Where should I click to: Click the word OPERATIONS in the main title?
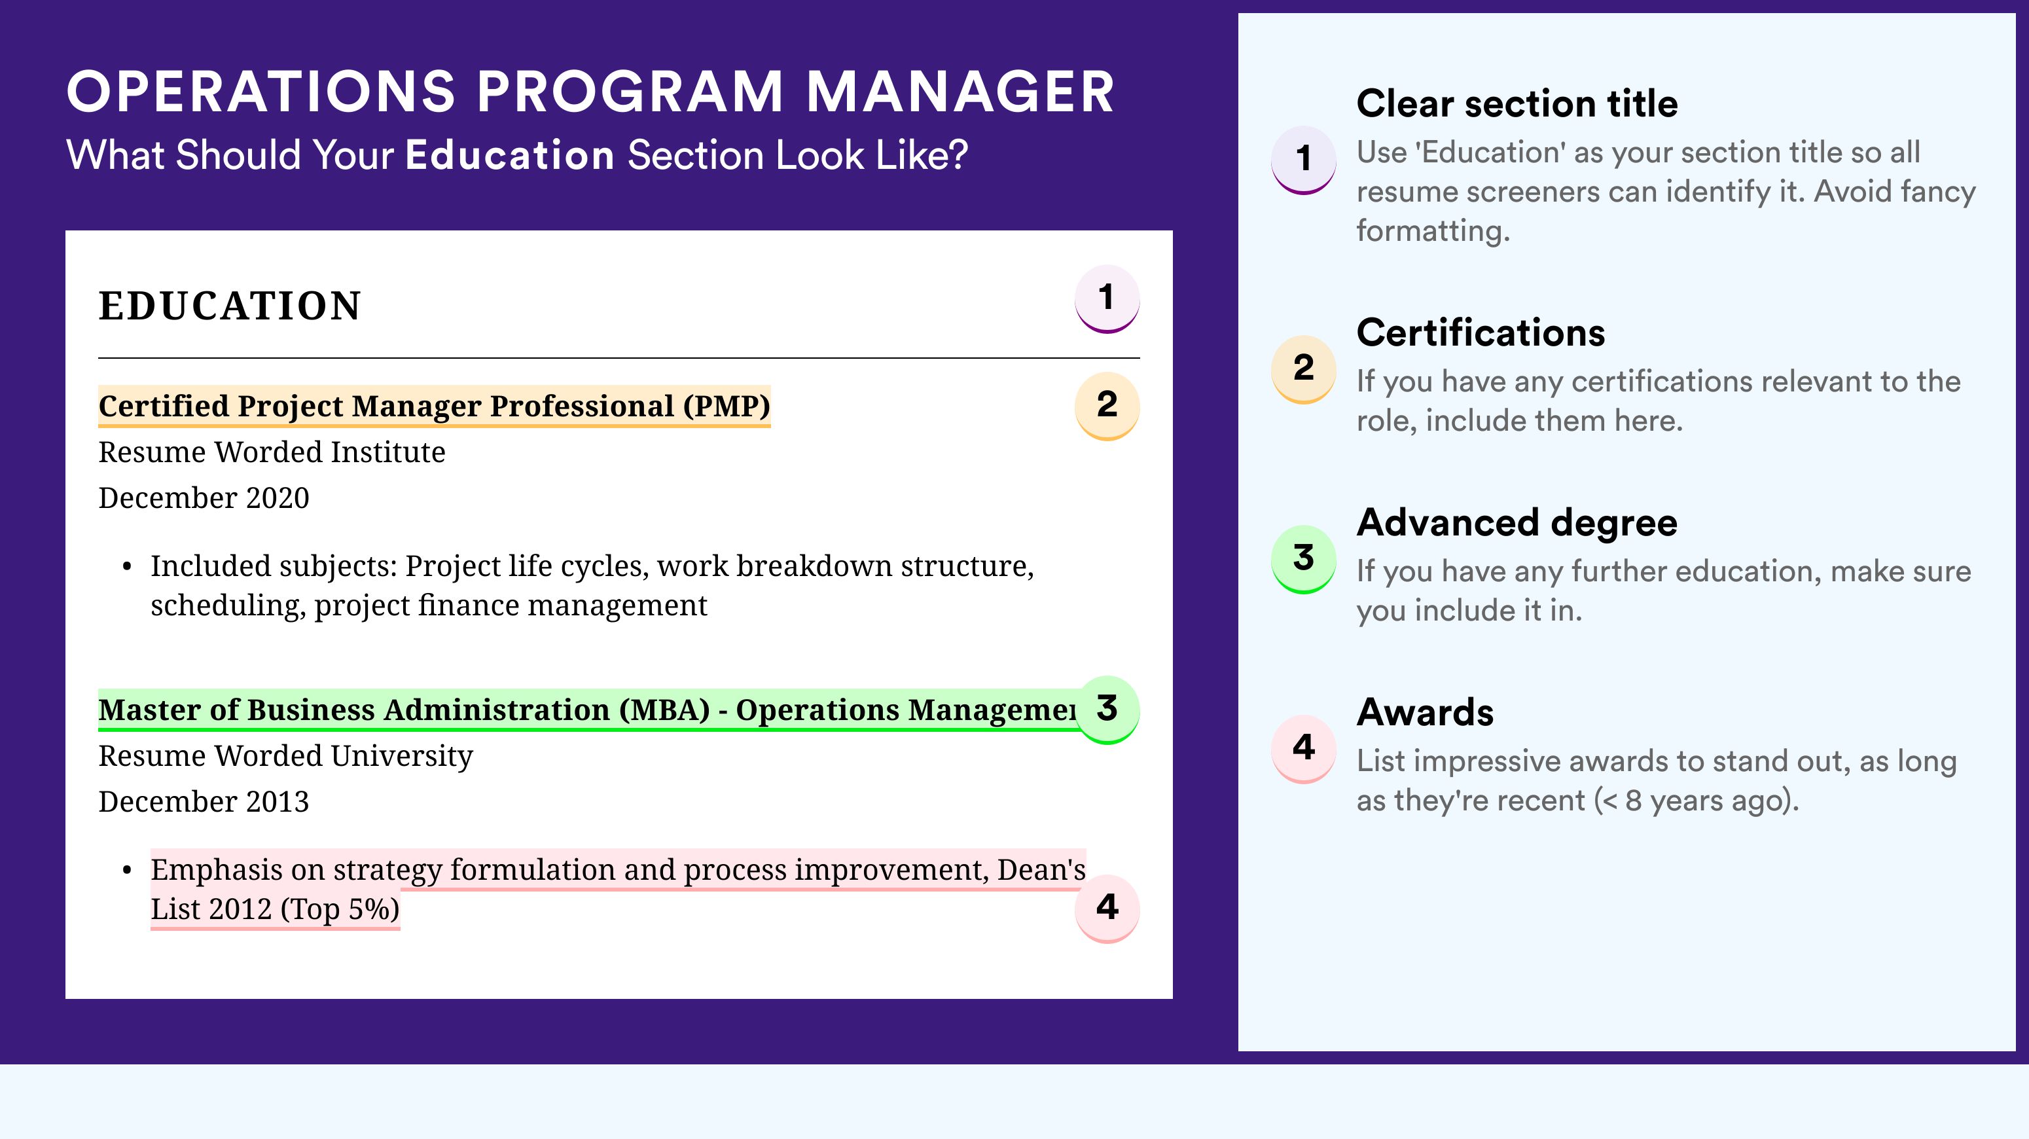coord(260,92)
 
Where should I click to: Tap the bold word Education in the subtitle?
coord(510,154)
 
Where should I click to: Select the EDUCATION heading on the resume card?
coord(229,306)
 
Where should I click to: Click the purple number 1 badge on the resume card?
coord(1107,298)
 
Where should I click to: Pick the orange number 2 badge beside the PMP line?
coord(1107,406)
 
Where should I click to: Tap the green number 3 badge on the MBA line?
coord(1107,710)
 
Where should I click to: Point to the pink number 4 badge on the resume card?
coord(1107,908)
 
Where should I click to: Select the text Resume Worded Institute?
coord(272,452)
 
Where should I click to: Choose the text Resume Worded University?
coord(286,756)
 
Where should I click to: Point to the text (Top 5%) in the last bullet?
coord(340,909)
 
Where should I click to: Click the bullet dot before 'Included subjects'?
coord(127,567)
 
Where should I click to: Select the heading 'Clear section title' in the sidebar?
coord(1517,103)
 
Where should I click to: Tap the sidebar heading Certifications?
coord(1481,333)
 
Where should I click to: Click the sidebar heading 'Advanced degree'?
coord(1517,523)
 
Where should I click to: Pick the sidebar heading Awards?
coord(1425,712)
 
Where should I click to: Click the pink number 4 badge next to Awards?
coord(1304,748)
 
